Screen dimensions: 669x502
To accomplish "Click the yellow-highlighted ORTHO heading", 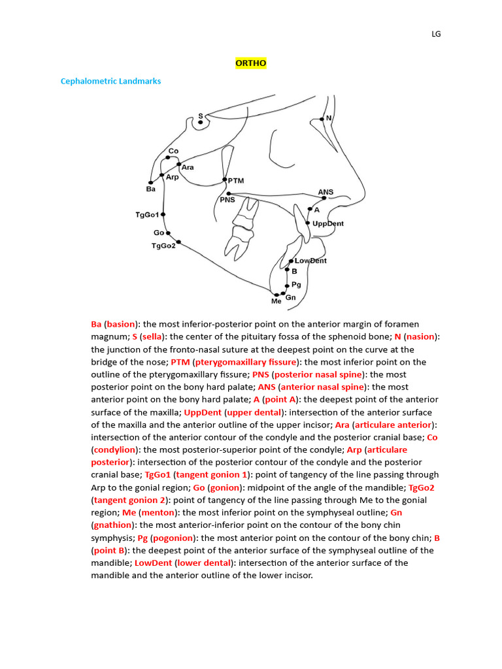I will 250,63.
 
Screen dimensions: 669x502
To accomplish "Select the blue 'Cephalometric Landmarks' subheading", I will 110,81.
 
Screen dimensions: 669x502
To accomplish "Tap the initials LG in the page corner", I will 436,34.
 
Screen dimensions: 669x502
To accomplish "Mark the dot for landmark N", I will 322,119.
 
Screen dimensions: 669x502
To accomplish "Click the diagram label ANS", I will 326,192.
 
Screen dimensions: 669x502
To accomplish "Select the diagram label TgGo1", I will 147,214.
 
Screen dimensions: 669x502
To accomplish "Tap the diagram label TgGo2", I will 163,246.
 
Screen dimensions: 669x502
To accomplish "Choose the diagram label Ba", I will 151,189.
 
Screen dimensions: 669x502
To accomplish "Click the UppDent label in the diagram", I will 327,223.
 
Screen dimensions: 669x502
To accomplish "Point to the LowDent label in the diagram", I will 310,261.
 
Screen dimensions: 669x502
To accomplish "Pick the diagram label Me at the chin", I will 276,301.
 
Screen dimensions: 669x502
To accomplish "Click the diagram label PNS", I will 227,200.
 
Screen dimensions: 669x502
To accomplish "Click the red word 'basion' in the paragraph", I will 120,324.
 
